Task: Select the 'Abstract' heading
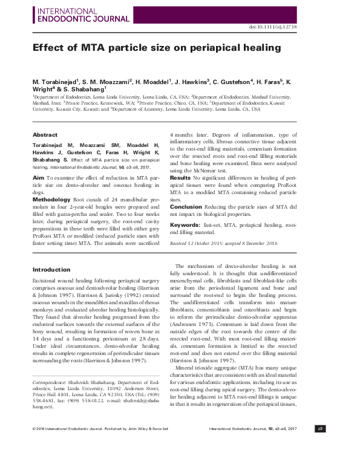45,134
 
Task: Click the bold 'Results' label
180,178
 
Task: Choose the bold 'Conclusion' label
185,206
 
